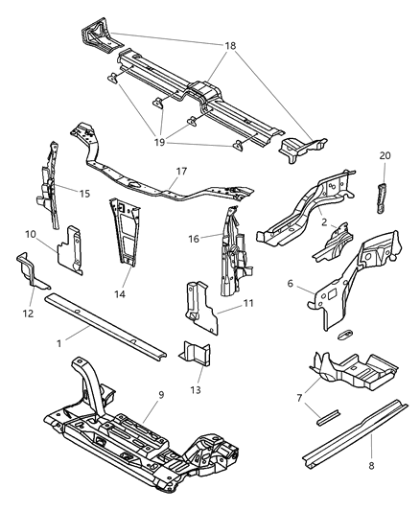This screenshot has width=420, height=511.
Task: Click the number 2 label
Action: (x=326, y=222)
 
